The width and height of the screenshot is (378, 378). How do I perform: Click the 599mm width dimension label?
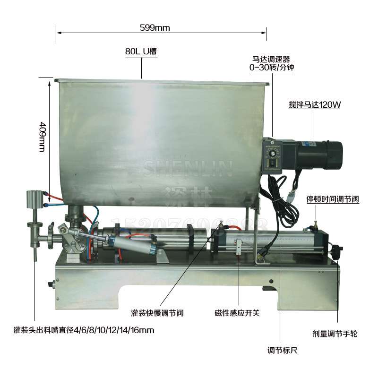pos(155,27)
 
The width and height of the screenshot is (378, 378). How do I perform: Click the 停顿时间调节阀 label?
pos(333,199)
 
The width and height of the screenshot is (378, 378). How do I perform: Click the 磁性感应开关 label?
pos(237,313)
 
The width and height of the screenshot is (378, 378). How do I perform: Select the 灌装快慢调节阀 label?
pos(157,313)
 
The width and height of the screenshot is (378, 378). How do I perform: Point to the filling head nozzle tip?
pos(35,258)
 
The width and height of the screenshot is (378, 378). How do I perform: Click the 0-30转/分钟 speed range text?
pos(272,68)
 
